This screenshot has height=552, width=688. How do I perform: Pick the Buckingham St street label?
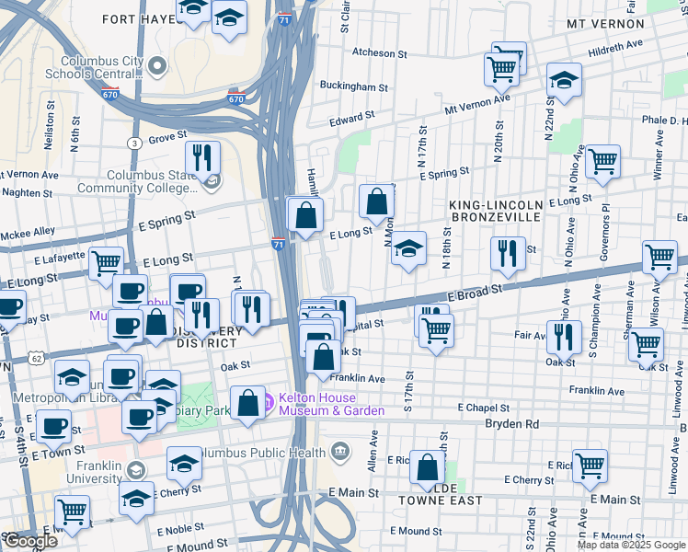pyautogui.click(x=354, y=86)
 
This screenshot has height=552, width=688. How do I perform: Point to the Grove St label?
pyautogui.click(x=167, y=137)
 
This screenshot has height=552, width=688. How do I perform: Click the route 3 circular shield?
pyautogui.click(x=134, y=143)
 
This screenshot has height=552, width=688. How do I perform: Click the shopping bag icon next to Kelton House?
pyautogui.click(x=248, y=402)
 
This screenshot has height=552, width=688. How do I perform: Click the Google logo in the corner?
pyautogui.click(x=30, y=541)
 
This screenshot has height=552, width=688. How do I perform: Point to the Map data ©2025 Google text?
pyautogui.click(x=631, y=545)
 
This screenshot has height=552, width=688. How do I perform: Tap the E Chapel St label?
pyautogui.click(x=483, y=407)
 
